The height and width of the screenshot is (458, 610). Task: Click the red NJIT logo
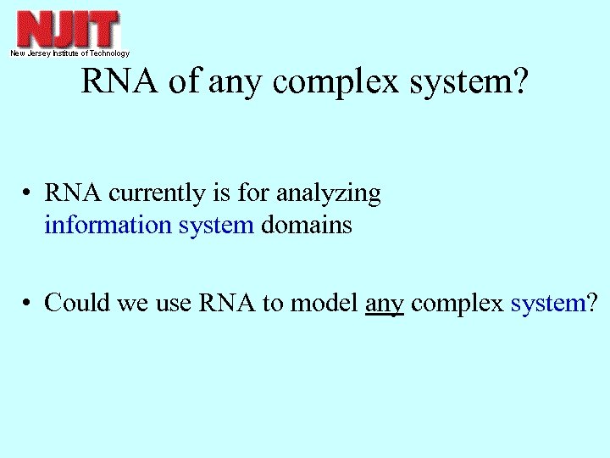click(69, 30)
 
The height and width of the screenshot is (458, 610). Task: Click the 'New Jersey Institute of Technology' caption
click(69, 53)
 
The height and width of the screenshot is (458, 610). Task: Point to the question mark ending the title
click(517, 82)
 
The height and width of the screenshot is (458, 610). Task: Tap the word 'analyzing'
click(334, 194)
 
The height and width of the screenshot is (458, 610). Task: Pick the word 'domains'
click(306, 226)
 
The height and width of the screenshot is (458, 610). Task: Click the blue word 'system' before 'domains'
click(216, 226)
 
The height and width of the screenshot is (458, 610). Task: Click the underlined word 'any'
click(384, 303)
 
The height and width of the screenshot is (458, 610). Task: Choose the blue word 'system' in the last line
click(547, 302)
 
